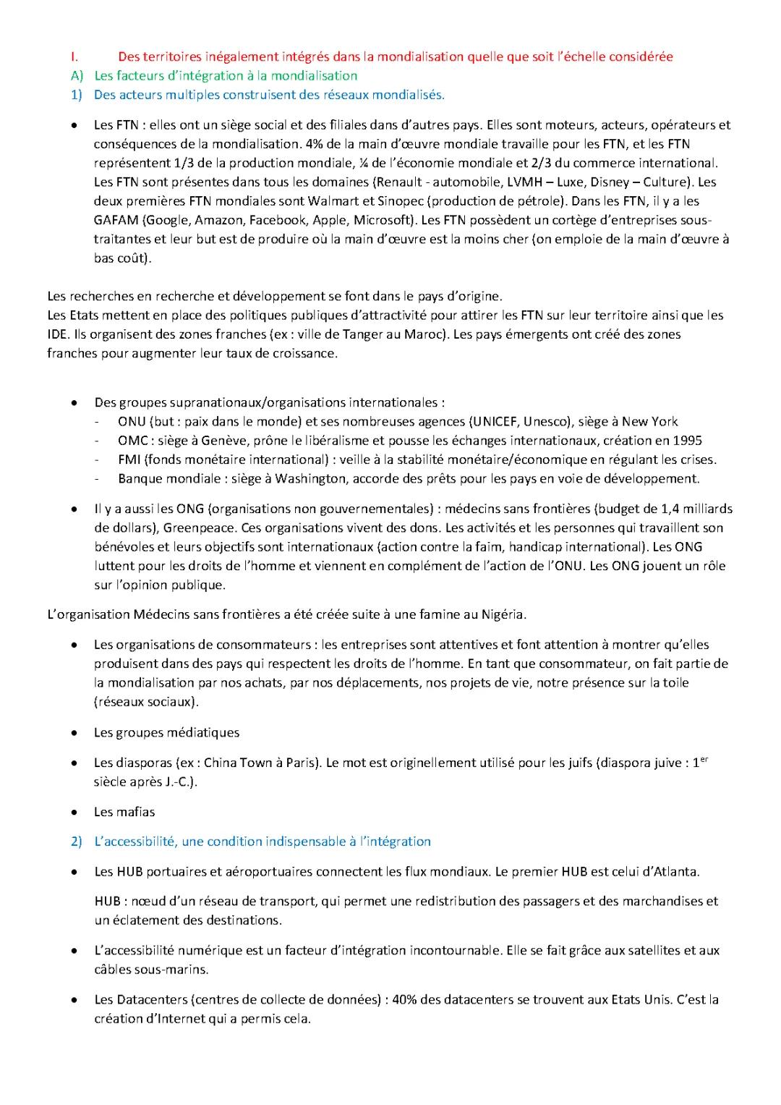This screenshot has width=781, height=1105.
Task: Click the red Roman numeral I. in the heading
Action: (x=74, y=56)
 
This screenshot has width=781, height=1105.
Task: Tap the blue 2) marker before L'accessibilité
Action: (x=77, y=841)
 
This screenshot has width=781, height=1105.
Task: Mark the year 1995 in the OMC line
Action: (x=687, y=440)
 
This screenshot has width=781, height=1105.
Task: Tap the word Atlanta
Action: (x=675, y=871)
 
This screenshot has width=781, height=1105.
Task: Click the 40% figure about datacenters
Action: (x=404, y=999)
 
